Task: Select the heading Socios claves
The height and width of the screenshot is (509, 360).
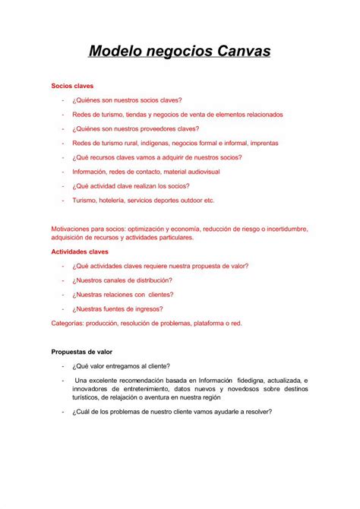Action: pyautogui.click(x=72, y=86)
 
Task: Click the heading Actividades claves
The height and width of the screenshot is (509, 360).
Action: pyautogui.click(x=80, y=251)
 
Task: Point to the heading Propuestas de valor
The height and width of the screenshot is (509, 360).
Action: pyautogui.click(x=82, y=352)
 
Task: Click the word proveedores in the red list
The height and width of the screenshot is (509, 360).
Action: pyautogui.click(x=163, y=128)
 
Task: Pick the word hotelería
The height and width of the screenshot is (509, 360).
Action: pyautogui.click(x=118, y=201)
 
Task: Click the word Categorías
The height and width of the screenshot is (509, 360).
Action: pyautogui.click(x=70, y=323)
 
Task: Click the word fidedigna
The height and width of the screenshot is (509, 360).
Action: pyautogui.click(x=256, y=380)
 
